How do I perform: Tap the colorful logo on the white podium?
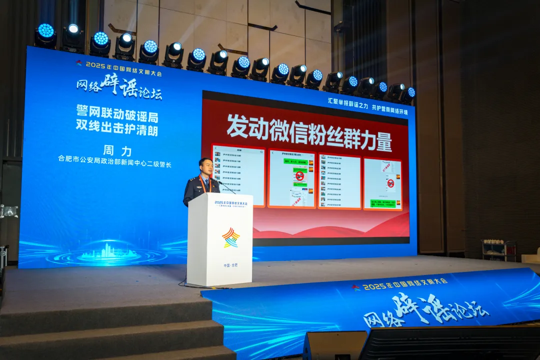tap(230, 237)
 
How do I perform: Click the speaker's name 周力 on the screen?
tap(117, 150)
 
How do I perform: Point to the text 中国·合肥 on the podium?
tap(230, 264)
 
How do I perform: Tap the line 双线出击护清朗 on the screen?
tap(117, 124)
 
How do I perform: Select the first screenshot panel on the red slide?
tap(238, 175)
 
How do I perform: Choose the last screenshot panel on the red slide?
tap(382, 183)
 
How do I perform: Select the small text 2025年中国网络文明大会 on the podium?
tap(230, 203)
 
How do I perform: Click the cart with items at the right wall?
tap(498, 250)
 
